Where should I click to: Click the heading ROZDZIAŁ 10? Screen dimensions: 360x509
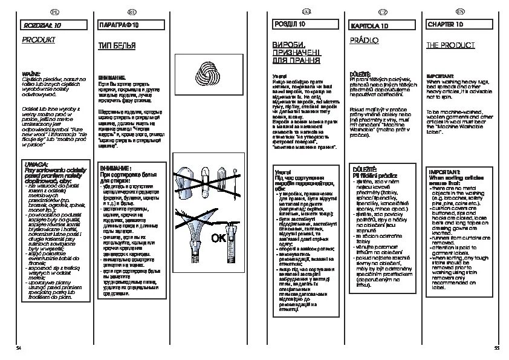tap(42, 26)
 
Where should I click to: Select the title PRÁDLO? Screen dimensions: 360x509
tap(365, 41)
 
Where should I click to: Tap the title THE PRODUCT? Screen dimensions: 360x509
tap(450, 45)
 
